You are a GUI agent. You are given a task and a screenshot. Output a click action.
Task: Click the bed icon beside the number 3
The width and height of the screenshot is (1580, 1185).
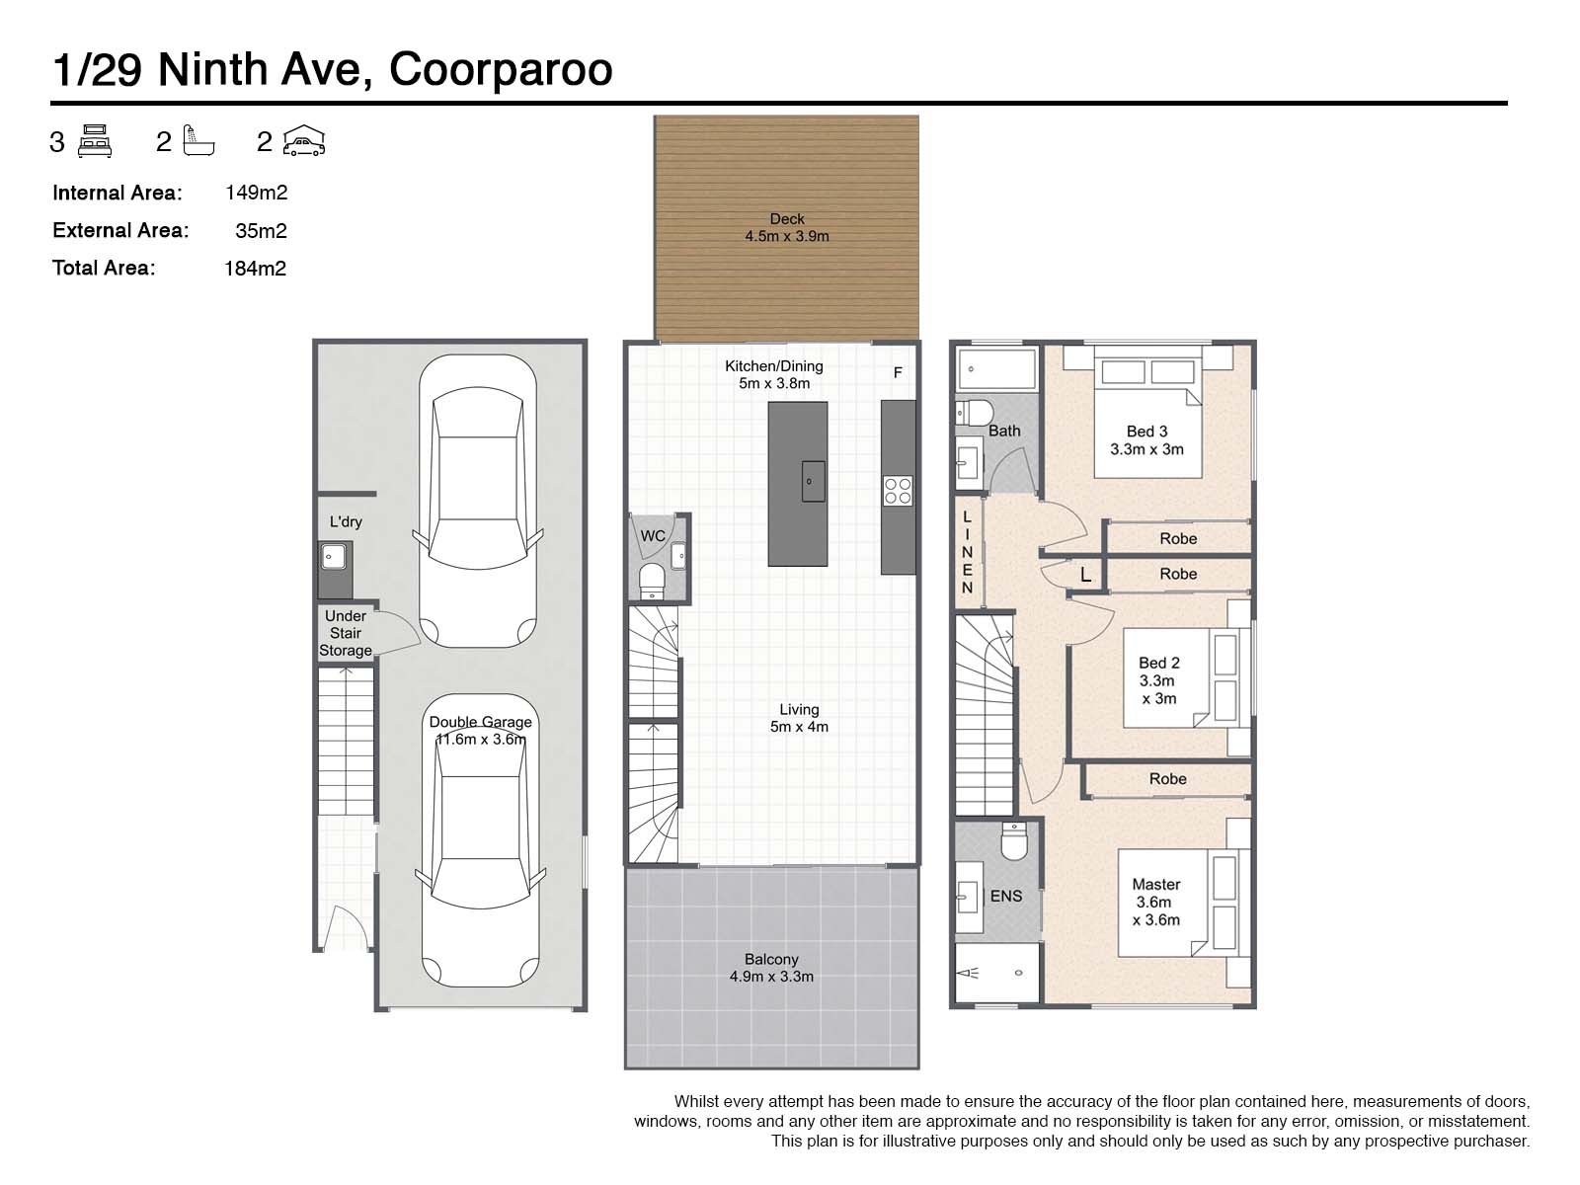(x=94, y=141)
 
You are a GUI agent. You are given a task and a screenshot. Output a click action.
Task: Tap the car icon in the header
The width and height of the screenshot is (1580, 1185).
(x=304, y=141)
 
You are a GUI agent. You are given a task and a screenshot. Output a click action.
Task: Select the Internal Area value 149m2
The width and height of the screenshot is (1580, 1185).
(x=256, y=193)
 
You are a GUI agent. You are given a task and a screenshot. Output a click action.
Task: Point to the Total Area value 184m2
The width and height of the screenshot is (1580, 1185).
(x=256, y=269)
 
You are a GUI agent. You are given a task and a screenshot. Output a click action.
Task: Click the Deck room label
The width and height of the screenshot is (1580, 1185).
(x=787, y=218)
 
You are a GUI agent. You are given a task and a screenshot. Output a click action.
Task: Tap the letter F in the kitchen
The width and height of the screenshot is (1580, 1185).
(x=898, y=372)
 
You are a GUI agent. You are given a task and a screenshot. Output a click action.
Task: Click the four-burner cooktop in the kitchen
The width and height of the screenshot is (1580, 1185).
(x=899, y=491)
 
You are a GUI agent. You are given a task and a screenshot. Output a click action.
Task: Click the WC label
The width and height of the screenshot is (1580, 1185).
(x=653, y=536)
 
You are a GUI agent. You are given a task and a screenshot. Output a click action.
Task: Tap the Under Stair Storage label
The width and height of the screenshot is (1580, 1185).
(x=346, y=633)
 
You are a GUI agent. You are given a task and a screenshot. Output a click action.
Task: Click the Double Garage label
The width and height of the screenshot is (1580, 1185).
(x=480, y=722)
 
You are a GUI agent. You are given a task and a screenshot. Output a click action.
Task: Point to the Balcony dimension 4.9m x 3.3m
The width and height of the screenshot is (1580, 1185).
(x=771, y=977)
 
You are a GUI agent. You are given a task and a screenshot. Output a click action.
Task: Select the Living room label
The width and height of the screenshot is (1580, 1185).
(x=799, y=709)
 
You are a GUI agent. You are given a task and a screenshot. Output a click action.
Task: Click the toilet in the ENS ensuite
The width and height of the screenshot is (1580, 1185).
(x=1014, y=841)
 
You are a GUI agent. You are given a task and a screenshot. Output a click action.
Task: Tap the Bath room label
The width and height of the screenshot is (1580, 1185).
(x=1004, y=431)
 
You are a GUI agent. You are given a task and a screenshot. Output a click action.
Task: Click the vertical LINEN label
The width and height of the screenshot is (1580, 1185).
(x=968, y=553)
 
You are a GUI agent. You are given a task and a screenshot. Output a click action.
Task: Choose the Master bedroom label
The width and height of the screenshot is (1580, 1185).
(x=1156, y=884)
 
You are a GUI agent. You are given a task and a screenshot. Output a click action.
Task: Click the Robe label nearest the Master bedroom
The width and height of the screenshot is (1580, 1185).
(x=1167, y=778)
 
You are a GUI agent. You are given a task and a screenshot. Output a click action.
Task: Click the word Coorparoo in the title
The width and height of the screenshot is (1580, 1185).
(x=501, y=70)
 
